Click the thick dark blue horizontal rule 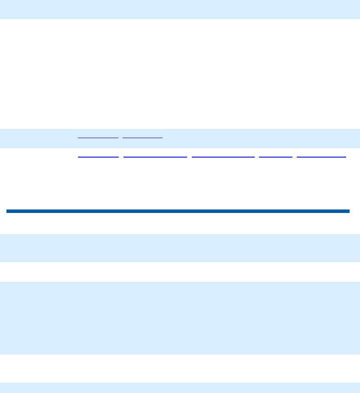178,211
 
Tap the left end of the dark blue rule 8,211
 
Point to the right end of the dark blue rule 348,211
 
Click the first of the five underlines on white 98,156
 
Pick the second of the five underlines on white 156,156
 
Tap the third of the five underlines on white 223,156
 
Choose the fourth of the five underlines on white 276,156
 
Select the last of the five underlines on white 321,156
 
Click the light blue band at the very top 180,9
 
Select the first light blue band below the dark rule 180,248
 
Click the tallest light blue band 180,318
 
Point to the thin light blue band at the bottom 180,388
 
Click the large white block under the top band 180,74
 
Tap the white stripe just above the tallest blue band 180,272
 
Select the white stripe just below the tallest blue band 180,368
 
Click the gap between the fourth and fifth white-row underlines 295,156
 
